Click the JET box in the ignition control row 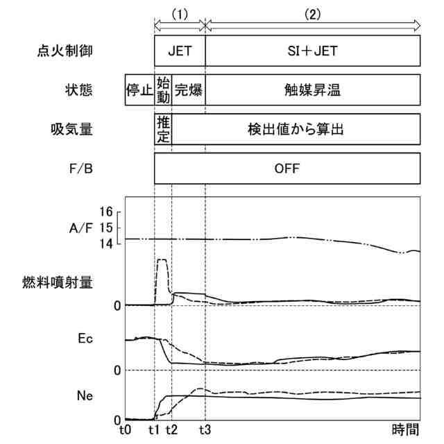[x=180, y=51]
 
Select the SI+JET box [x=313, y=51]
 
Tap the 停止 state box [x=139, y=90]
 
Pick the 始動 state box [x=164, y=90]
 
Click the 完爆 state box [x=188, y=90]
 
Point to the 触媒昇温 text [x=313, y=90]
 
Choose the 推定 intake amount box [x=164, y=129]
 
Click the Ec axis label [x=86, y=339]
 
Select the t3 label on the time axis [x=205, y=429]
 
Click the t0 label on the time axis [x=125, y=429]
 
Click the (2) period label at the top [x=313, y=15]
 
